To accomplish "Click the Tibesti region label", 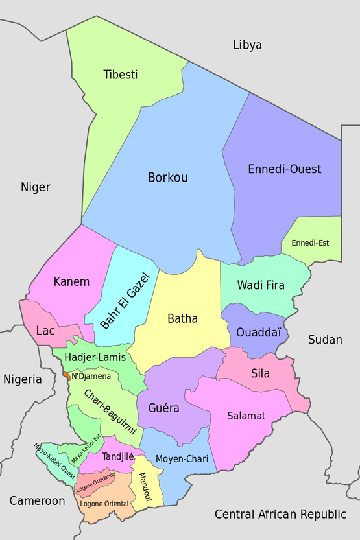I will click(121, 75).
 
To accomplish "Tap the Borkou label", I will click(168, 177).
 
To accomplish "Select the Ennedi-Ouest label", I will click(285, 169).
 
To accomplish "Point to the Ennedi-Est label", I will click(310, 243).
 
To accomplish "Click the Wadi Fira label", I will click(261, 285).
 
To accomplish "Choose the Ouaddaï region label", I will click(259, 332).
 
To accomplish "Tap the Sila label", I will click(260, 373).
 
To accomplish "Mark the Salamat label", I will click(246, 416).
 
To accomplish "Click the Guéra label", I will click(163, 408).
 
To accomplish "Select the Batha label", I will click(183, 318).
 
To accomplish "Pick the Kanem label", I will click(71, 282).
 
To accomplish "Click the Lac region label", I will click(45, 331).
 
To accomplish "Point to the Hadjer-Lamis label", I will click(95, 357).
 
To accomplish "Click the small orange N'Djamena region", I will click(66, 375).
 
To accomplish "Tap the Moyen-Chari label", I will click(182, 459).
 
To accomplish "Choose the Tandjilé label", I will click(117, 456).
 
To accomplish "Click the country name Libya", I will click(247, 45).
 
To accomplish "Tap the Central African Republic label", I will click(280, 514).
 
